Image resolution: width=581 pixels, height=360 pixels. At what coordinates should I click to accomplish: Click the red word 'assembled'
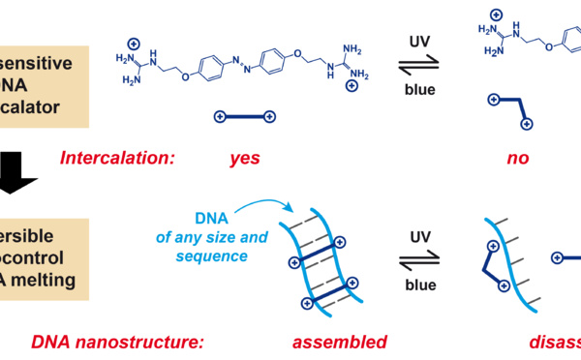339,342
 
